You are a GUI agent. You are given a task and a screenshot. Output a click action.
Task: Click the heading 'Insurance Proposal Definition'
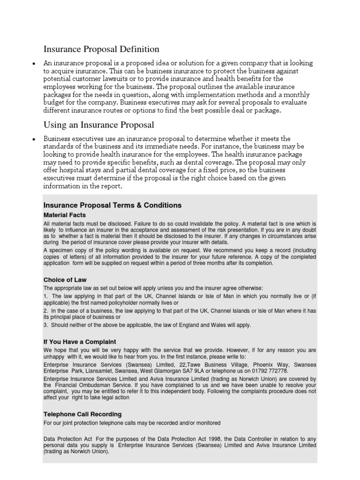pos(101,49)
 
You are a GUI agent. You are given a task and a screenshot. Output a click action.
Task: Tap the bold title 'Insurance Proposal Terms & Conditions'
pos(112,205)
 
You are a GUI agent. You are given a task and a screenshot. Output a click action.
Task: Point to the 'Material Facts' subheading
pos(64,215)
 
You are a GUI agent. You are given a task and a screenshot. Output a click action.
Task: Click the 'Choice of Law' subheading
pos(65,280)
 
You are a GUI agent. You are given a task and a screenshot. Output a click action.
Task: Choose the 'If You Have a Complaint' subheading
pos(80,342)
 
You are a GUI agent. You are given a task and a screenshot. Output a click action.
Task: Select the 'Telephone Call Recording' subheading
pos(82,414)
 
